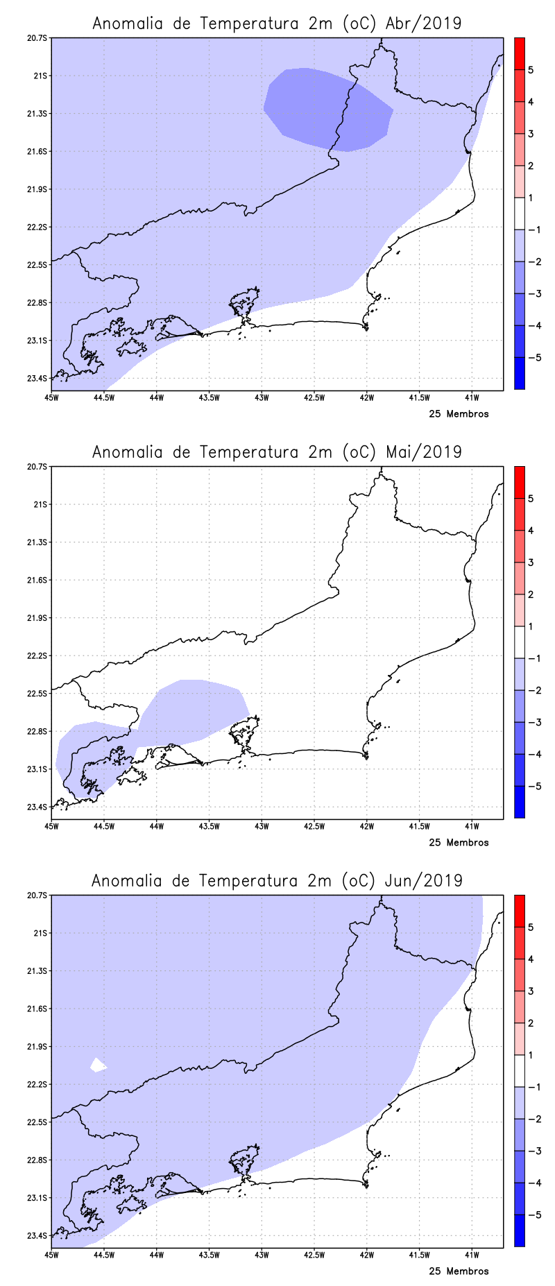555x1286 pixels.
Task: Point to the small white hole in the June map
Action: click(x=98, y=1065)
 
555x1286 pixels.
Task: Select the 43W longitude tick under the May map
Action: click(x=262, y=826)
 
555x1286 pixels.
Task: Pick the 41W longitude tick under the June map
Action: click(x=472, y=1255)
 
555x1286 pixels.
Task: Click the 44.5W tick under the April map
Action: click(x=104, y=397)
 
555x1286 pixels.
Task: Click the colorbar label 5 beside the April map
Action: click(x=531, y=70)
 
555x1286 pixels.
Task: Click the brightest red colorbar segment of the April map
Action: click(x=519, y=53)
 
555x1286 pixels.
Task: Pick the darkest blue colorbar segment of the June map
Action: click(x=519, y=1231)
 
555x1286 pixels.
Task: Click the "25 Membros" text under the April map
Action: click(x=459, y=414)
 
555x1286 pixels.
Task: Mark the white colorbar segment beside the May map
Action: click(x=519, y=642)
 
